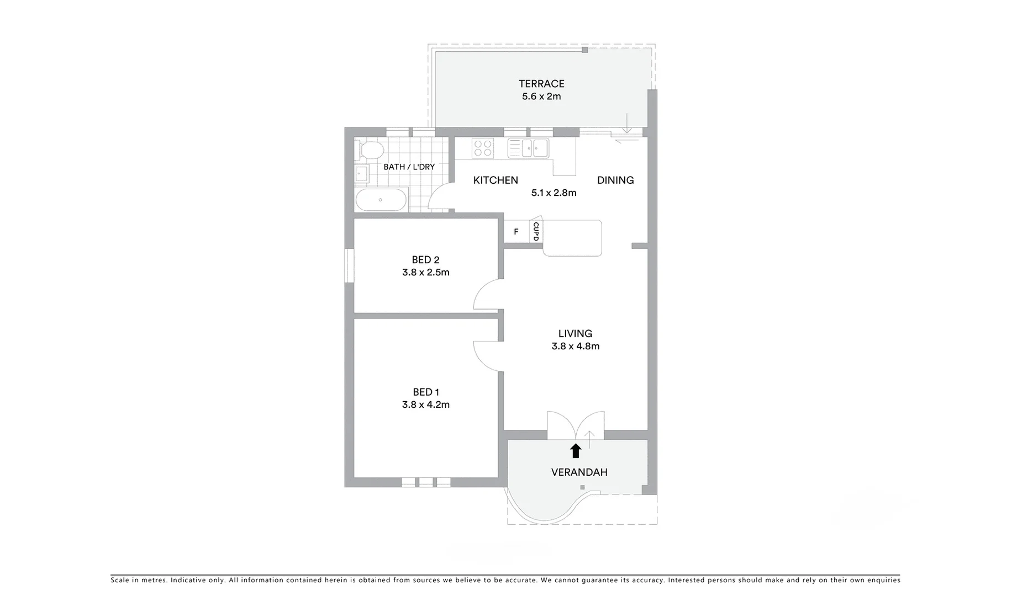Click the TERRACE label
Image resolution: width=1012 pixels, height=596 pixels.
[541, 84]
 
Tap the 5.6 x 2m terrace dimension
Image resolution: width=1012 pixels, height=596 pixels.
[541, 97]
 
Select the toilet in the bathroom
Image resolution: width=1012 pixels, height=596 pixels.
[371, 150]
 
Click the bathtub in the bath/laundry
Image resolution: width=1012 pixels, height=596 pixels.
[381, 200]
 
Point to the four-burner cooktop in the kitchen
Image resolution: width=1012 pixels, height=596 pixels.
[483, 148]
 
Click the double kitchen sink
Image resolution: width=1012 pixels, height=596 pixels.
[529, 148]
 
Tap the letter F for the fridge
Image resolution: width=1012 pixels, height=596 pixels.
[516, 232]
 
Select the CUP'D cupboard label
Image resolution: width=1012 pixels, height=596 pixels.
[535, 231]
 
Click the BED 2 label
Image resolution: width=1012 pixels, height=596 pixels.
[425, 260]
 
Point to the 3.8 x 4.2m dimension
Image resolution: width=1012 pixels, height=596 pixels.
[425, 405]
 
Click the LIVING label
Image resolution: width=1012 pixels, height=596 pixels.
[575, 333]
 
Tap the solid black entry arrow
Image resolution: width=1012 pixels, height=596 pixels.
[576, 450]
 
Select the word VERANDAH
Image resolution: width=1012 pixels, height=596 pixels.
[579, 472]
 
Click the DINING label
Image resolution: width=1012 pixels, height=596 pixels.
[615, 180]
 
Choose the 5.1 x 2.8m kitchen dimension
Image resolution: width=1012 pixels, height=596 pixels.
[554, 193]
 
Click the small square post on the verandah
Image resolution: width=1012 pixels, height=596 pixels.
[582, 487]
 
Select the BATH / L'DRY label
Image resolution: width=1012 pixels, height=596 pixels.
[409, 167]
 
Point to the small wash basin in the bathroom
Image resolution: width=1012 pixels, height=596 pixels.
[361, 174]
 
